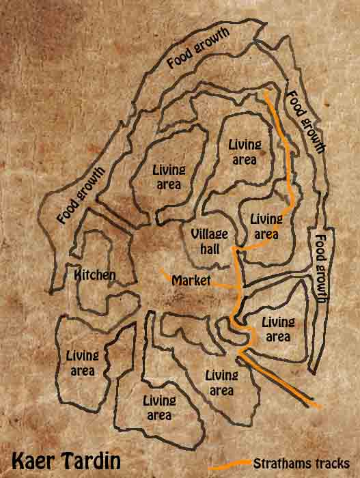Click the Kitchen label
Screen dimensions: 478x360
coord(95,275)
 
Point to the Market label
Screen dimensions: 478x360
coord(191,281)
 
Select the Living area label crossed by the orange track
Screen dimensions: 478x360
coord(266,226)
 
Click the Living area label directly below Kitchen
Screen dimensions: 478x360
coord(83,362)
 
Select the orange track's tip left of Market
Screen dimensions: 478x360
coord(162,271)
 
